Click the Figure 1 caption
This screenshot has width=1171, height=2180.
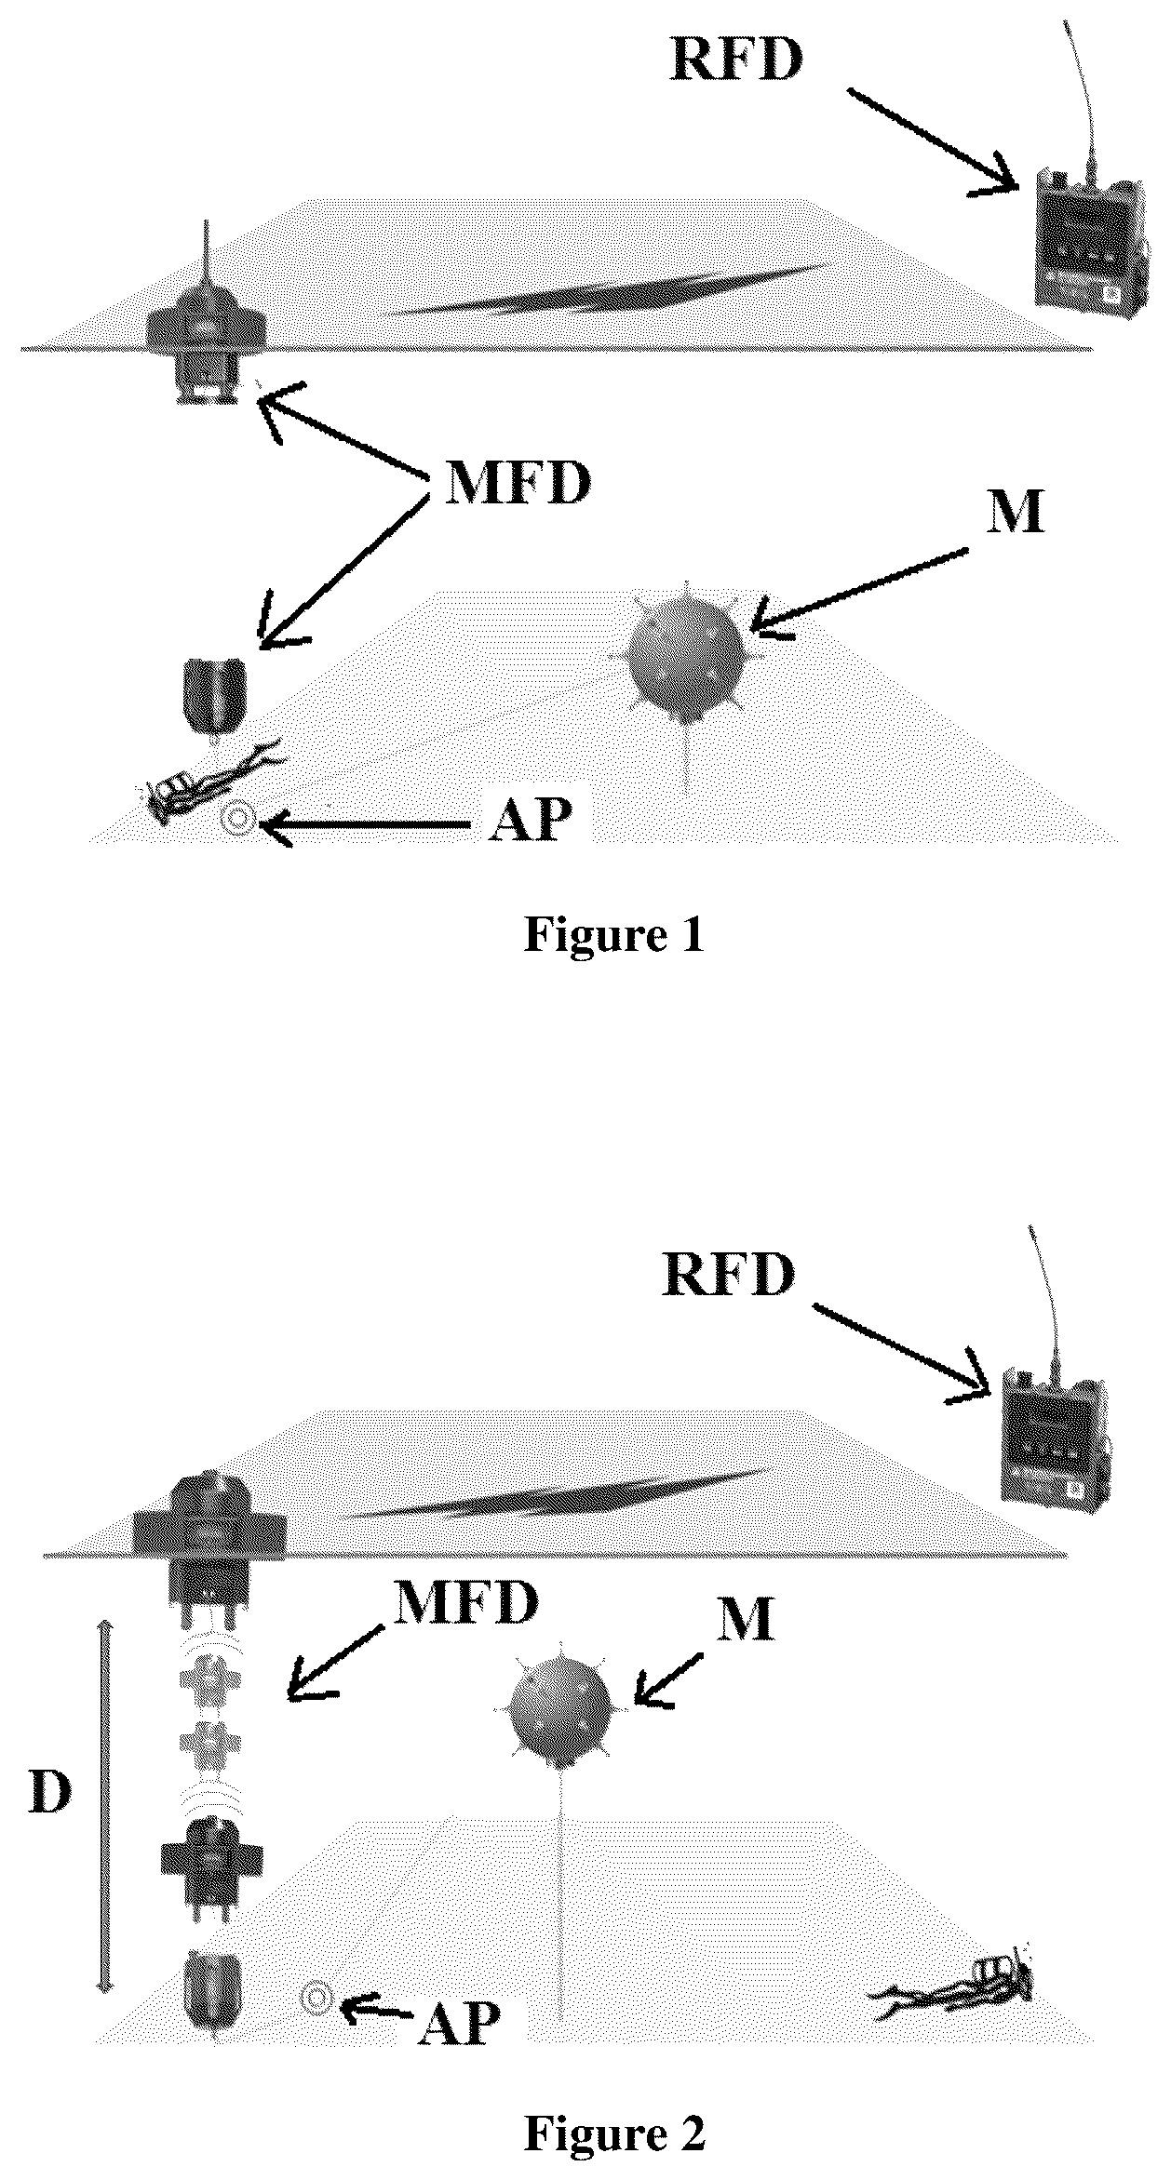614,934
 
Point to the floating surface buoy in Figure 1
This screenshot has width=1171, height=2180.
207,326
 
